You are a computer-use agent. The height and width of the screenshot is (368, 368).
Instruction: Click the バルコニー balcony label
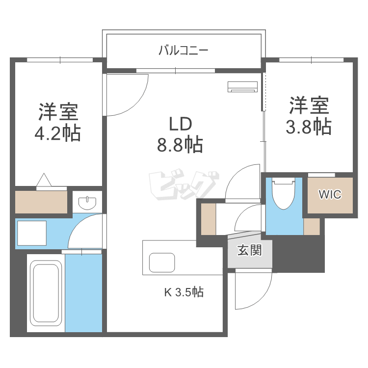pos(184,50)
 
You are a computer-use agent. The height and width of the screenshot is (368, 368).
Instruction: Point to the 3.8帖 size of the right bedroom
pos(309,127)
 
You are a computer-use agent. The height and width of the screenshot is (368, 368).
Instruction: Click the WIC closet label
pos(330,194)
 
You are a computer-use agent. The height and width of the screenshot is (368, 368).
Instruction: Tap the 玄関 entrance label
pos(250,250)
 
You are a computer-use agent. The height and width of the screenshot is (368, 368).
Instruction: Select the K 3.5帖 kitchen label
pos(184,292)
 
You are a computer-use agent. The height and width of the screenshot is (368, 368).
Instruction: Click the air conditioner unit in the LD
pos(243,86)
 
